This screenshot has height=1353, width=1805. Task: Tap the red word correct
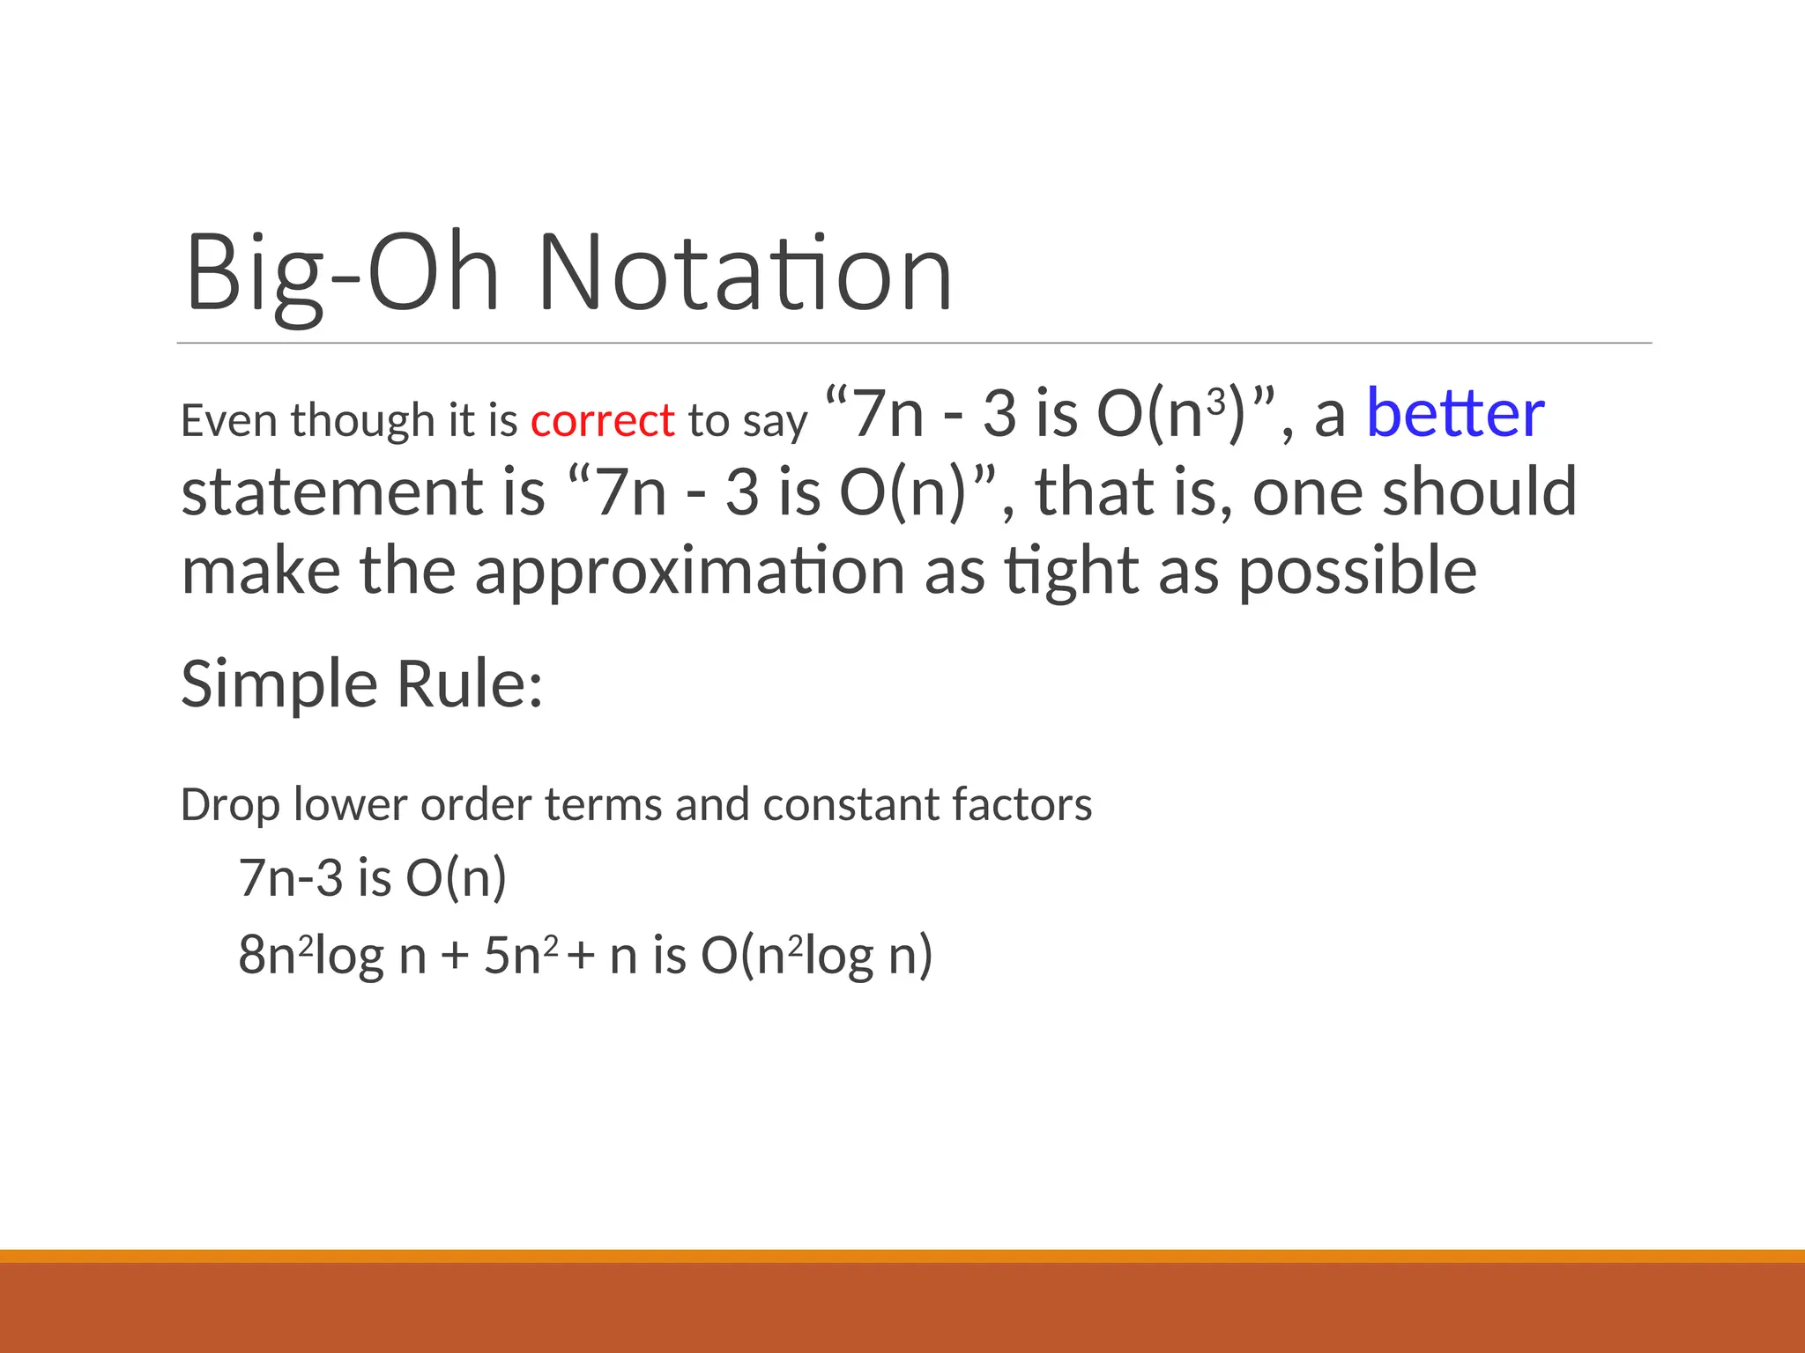602,421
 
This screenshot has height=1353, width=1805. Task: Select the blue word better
1454,414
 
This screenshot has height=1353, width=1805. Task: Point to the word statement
332,493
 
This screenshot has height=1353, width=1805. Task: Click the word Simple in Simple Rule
278,685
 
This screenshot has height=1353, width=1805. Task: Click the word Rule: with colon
469,685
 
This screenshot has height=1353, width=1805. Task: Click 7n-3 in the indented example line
290,879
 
